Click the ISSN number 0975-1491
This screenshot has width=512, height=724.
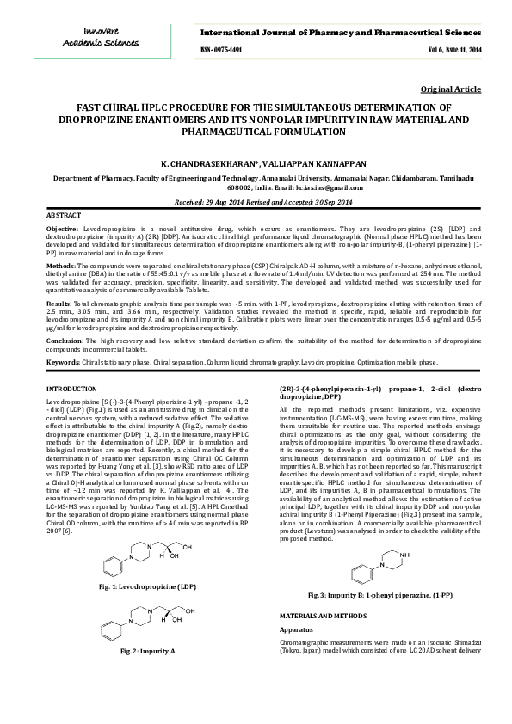tap(221, 51)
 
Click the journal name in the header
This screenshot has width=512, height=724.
tap(336, 32)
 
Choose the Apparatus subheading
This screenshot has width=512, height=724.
tap(300, 630)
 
